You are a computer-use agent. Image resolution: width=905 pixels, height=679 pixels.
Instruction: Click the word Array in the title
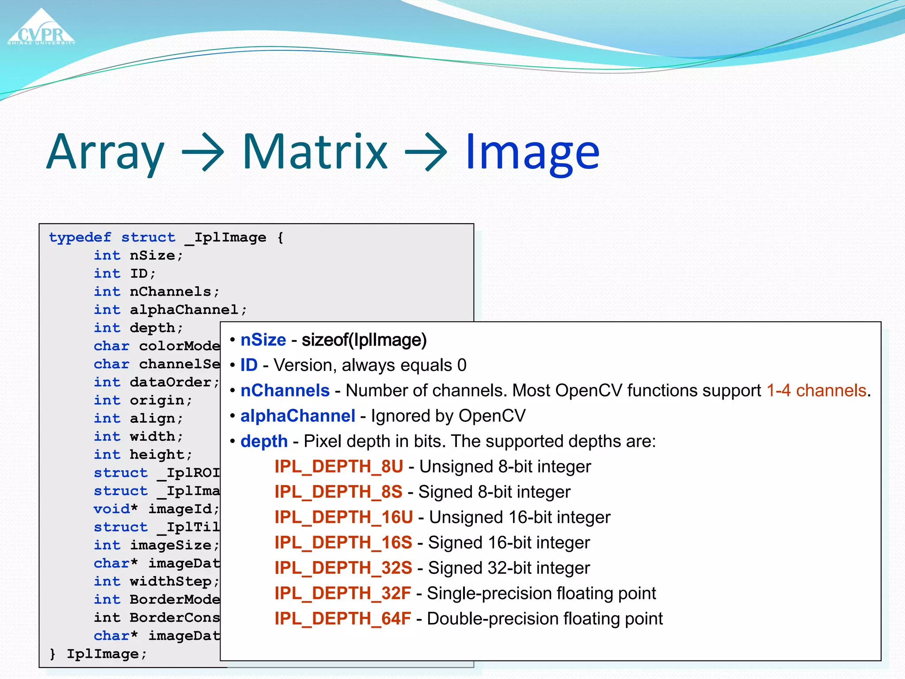[105, 153]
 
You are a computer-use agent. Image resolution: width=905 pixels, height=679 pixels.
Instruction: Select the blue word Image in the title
[532, 153]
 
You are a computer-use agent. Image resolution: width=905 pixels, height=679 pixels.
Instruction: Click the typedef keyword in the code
[80, 237]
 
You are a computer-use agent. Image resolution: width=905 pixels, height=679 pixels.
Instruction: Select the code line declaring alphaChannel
[170, 309]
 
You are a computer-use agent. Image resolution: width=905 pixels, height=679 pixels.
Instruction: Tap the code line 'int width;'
[138, 436]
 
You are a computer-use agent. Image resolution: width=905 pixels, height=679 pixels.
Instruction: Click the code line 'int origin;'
[143, 400]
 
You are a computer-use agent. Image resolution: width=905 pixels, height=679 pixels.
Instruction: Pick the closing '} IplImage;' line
[98, 654]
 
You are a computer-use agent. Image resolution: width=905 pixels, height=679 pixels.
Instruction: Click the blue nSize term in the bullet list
[263, 340]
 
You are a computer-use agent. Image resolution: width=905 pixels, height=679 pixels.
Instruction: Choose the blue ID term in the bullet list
[249, 365]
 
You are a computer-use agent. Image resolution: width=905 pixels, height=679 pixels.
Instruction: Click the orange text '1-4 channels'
[816, 391]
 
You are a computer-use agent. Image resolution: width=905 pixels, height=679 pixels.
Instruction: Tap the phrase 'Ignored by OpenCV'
[448, 416]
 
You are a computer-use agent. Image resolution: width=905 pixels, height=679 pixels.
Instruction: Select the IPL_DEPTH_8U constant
[338, 467]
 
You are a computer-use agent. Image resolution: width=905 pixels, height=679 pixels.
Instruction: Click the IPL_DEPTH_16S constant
[343, 543]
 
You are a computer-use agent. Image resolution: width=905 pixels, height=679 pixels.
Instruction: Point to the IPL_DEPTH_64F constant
[342, 619]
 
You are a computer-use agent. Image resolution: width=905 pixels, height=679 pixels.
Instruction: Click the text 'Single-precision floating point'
[541, 594]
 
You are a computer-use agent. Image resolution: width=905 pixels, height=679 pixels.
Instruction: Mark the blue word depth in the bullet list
[264, 441]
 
